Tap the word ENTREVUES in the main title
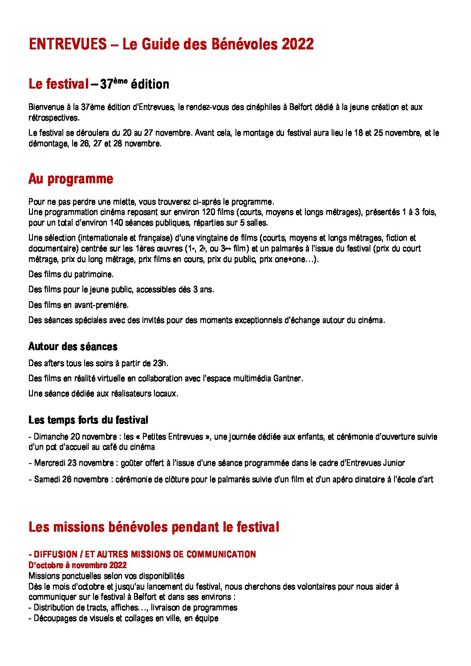coord(68,44)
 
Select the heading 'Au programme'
coord(71,179)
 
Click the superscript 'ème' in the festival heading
coord(120,80)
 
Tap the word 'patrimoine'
coord(94,274)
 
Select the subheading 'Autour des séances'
coord(73,347)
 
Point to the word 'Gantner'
coord(288,379)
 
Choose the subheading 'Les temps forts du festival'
coord(88,420)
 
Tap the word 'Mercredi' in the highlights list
coord(49,463)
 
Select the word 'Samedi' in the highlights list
coord(47,480)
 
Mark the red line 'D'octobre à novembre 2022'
coord(77,565)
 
